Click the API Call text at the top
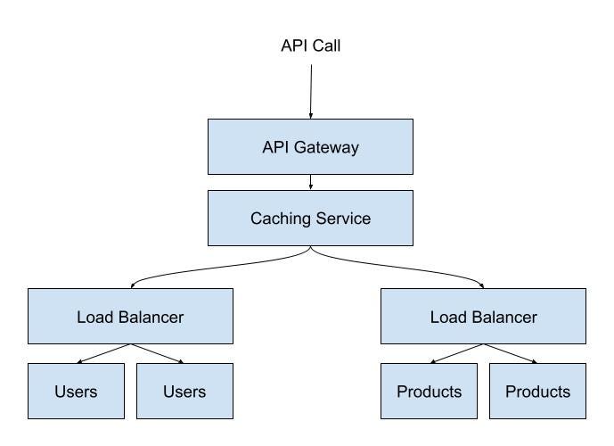310,45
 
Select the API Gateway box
310,147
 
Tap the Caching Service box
310,218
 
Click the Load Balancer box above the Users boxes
130,316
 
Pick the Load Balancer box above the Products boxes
483,316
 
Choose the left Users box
75,391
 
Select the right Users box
184,391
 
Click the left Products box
430,391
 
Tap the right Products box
537,391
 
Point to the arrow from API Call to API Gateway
310,89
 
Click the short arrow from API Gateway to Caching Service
310,182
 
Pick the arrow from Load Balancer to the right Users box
157,353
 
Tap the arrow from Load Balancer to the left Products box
456,353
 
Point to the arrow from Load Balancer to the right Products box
511,353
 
